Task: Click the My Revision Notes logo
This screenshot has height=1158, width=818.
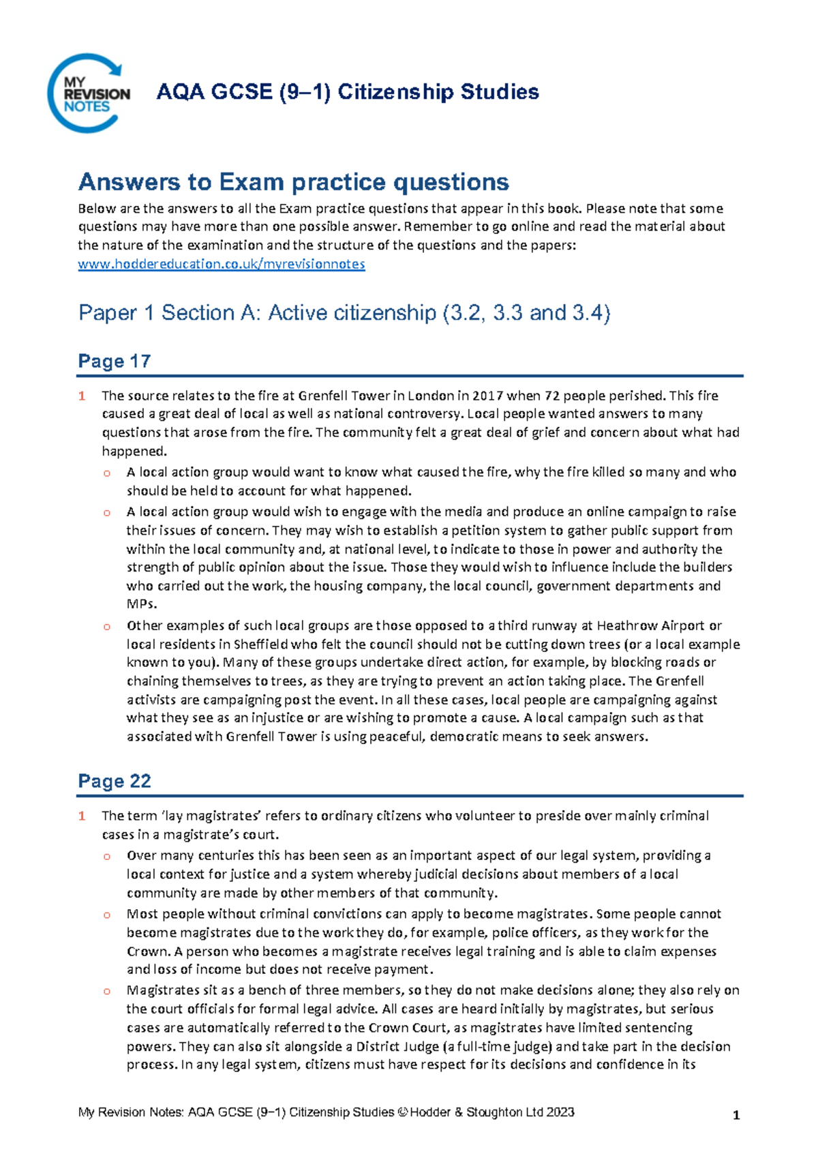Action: pyautogui.click(x=88, y=93)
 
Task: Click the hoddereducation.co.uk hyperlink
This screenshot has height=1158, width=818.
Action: pyautogui.click(x=221, y=264)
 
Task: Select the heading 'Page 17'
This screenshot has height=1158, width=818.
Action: pyautogui.click(x=114, y=361)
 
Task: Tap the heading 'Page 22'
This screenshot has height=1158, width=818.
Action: pyautogui.click(x=114, y=781)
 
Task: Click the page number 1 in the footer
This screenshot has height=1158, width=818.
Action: pyautogui.click(x=736, y=1116)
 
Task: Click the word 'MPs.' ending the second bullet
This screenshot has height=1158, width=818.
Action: pyautogui.click(x=142, y=604)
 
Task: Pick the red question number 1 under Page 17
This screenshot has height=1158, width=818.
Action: pyautogui.click(x=82, y=396)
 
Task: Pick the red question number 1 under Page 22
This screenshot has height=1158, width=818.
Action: pyautogui.click(x=82, y=816)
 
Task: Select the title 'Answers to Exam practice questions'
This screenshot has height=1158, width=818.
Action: pyautogui.click(x=293, y=182)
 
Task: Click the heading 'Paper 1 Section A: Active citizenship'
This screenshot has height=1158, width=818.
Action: pyautogui.click(x=344, y=313)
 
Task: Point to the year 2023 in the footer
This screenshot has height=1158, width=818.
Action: pyautogui.click(x=560, y=1112)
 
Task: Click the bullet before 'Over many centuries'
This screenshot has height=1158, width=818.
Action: pyautogui.click(x=106, y=857)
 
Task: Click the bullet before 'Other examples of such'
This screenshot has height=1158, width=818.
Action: pyautogui.click(x=106, y=626)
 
